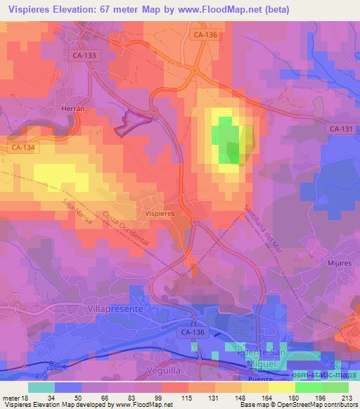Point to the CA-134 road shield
pyautogui.click(x=24, y=148)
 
